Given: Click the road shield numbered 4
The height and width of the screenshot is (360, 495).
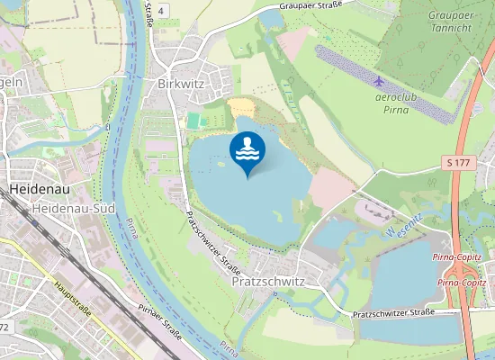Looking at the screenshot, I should click(x=160, y=9).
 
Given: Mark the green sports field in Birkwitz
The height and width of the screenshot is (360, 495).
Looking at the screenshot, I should click(x=194, y=120).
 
